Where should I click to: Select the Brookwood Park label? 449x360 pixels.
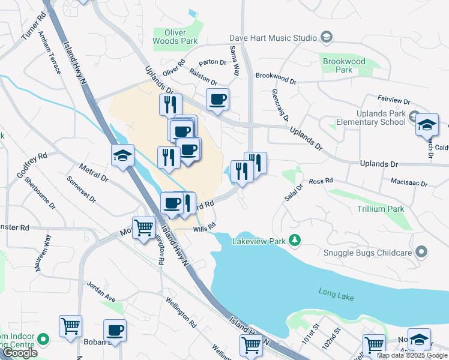pos(344,65)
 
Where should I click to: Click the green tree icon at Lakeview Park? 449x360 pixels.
pos(294,241)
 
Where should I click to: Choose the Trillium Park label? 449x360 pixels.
pos(381,209)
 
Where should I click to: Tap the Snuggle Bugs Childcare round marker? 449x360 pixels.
pos(422,252)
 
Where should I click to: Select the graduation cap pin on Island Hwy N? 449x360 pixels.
pos(122,155)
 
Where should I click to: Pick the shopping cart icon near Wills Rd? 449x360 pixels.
pos(144,228)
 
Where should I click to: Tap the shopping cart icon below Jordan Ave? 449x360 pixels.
pos(70,326)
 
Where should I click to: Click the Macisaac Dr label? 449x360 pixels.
pos(408,184)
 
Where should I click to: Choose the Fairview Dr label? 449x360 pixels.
pos(393,99)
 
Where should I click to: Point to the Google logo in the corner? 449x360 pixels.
pos(20,353)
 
